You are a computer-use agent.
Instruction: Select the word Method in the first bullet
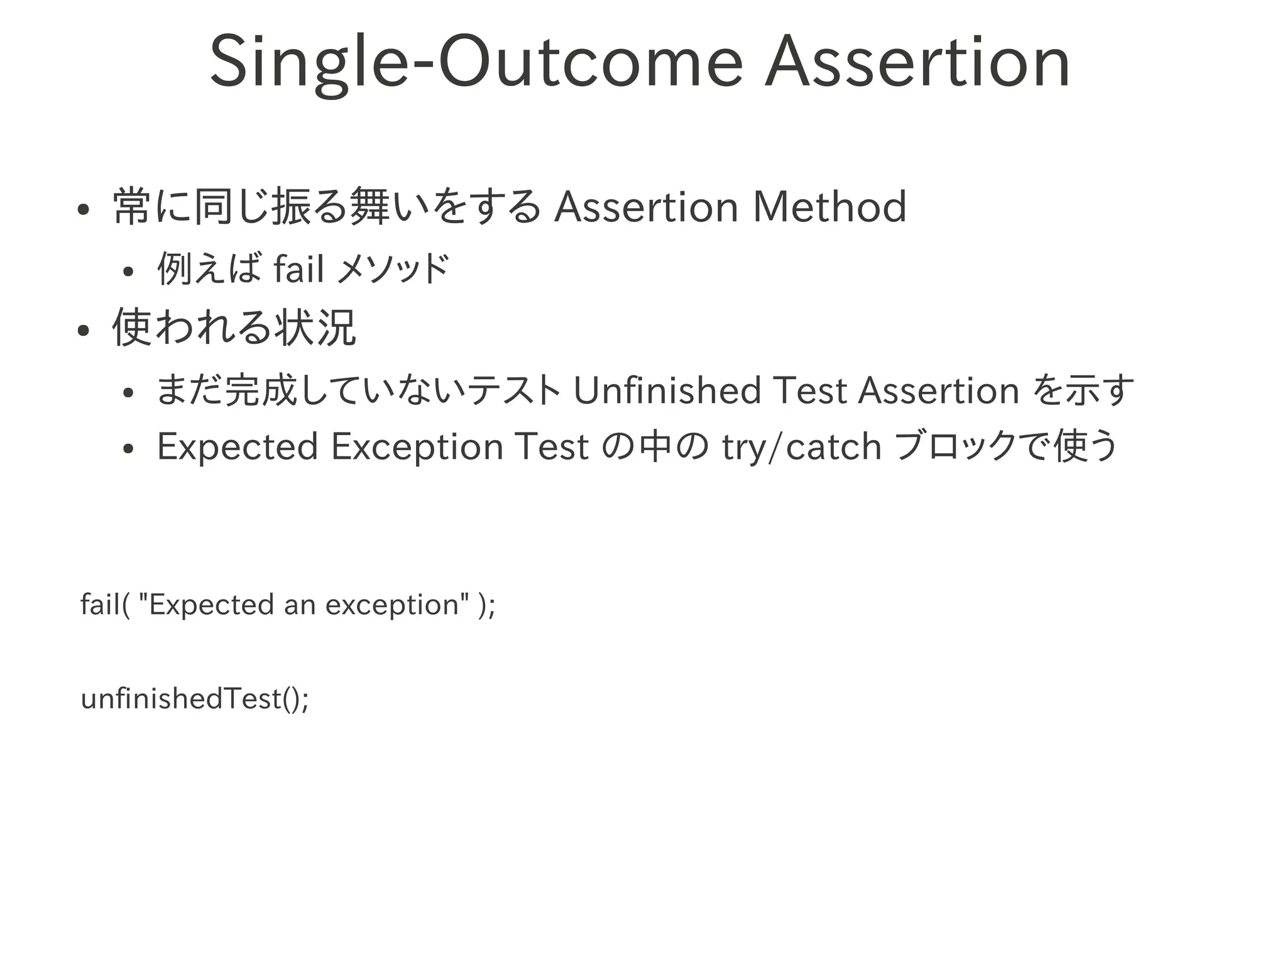[x=830, y=207]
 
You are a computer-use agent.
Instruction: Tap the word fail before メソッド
[x=299, y=269]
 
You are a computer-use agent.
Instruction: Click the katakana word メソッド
[x=393, y=269]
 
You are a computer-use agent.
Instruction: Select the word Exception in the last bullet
[x=417, y=447]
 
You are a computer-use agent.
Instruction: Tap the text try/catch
[x=802, y=447]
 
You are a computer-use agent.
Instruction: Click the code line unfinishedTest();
[x=195, y=699]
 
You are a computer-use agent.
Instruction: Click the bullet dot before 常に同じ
[x=82, y=211]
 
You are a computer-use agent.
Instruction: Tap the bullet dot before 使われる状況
[x=82, y=331]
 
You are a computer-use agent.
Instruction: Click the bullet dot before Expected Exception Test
[x=128, y=449]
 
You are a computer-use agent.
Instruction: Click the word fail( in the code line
[x=105, y=605]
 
